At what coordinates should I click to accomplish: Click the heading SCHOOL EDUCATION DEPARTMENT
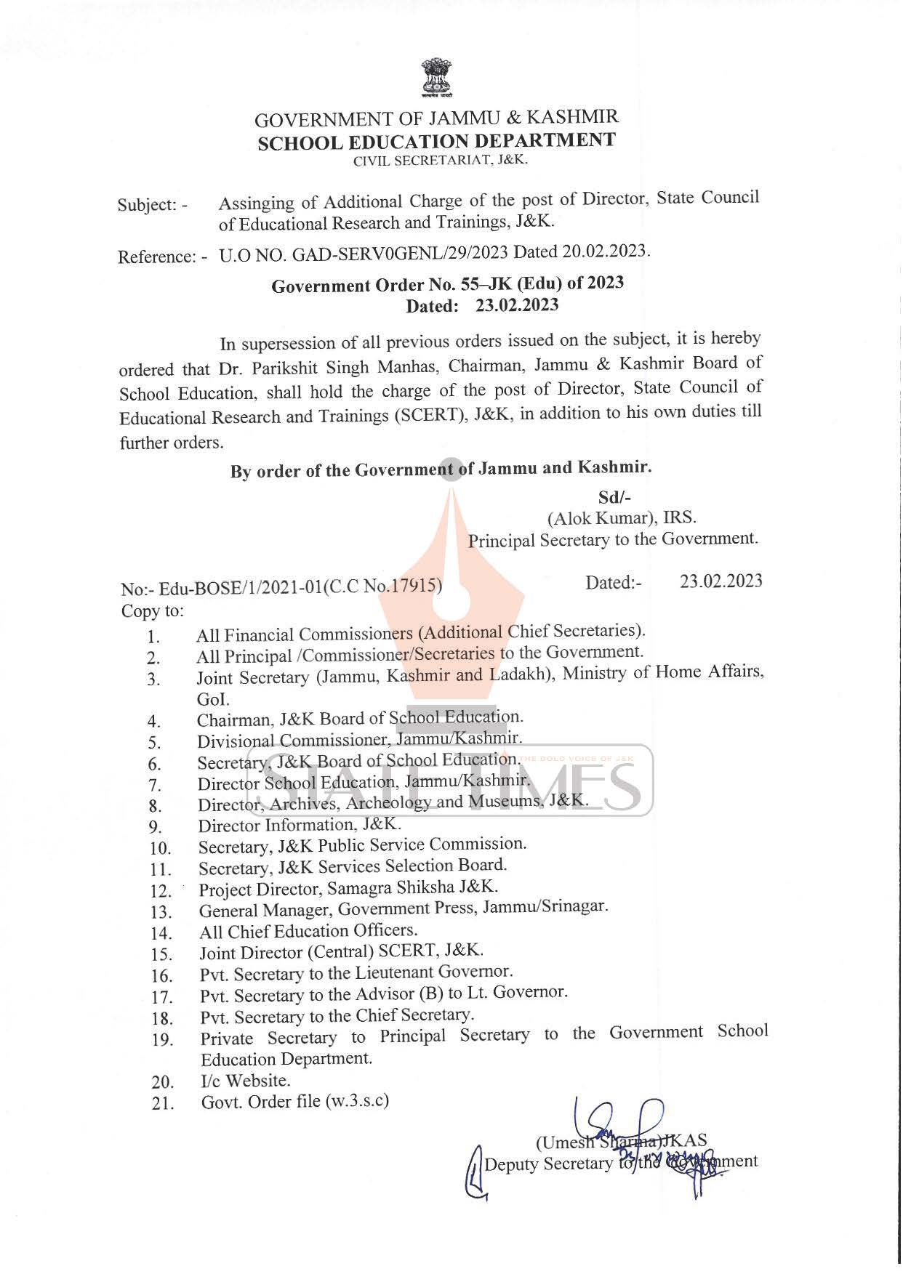tap(437, 141)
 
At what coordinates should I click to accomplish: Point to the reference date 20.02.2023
tap(604, 251)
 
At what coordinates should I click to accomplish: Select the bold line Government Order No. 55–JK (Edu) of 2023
tap(447, 283)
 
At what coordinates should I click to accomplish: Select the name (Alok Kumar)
tap(601, 518)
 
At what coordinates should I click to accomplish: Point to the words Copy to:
tap(152, 610)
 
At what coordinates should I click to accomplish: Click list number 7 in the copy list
tap(153, 785)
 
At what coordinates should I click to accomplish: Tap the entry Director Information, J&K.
tap(299, 826)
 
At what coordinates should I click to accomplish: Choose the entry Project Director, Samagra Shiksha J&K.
tap(348, 888)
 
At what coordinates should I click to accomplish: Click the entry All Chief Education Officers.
tap(308, 931)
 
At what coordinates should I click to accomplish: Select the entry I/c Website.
tap(245, 1081)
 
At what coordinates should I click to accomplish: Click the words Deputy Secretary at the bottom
tap(548, 1164)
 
